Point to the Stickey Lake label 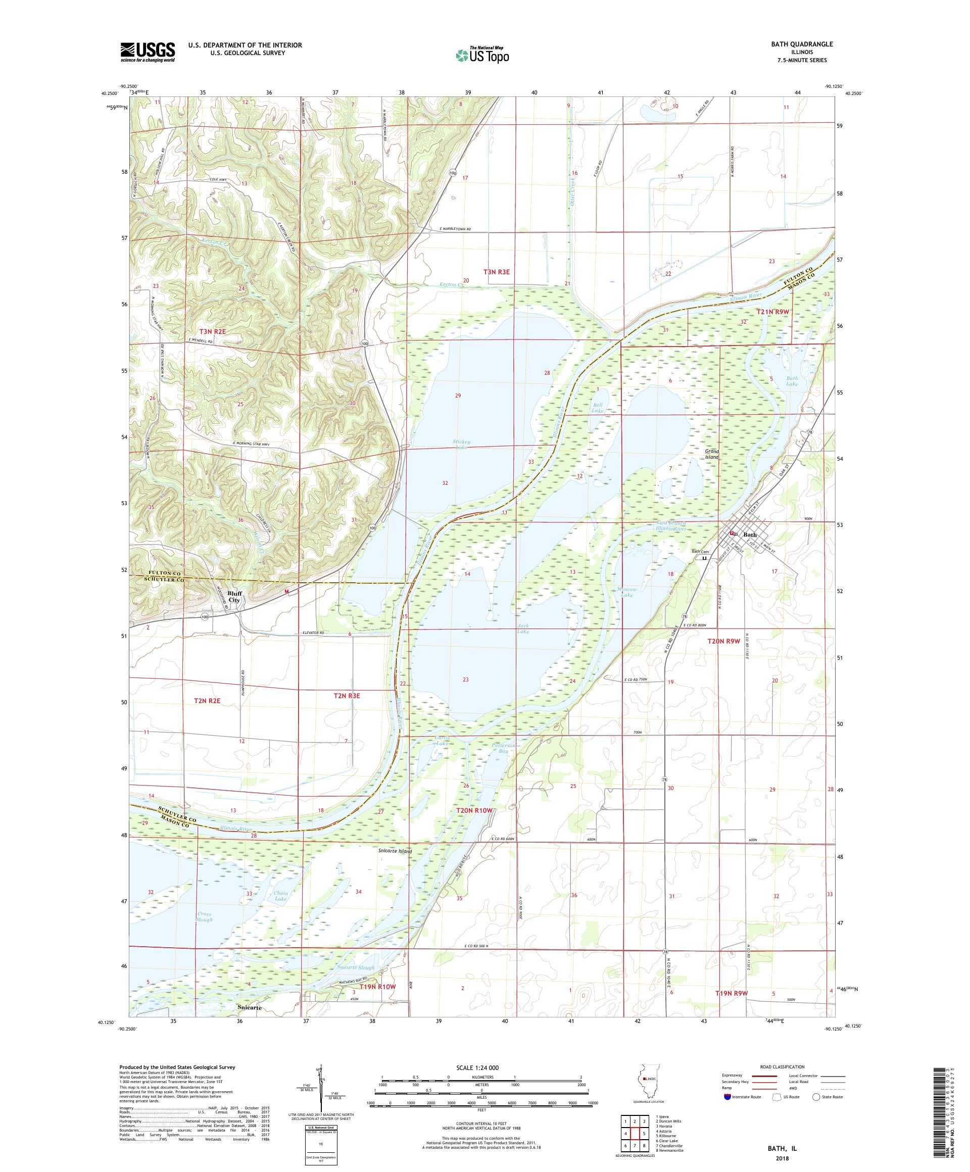[x=462, y=444]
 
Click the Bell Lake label [x=598, y=407]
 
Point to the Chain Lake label [x=280, y=896]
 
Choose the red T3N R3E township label [x=497, y=272]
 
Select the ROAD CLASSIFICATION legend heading [x=782, y=1066]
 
